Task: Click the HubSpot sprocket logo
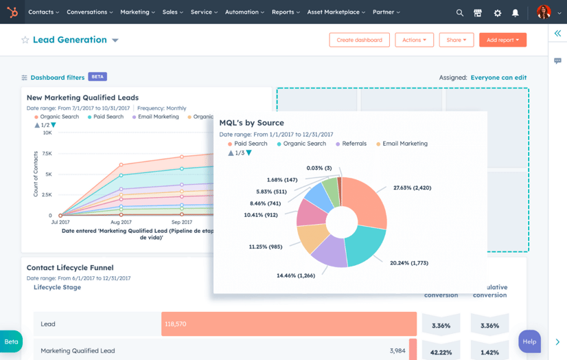point(12,12)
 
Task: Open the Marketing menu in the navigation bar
point(137,12)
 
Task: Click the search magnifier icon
point(460,12)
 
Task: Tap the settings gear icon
point(498,12)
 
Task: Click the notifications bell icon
point(516,12)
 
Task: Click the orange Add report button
point(502,40)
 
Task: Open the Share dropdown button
point(456,40)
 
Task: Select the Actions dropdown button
point(414,40)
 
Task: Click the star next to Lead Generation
point(25,40)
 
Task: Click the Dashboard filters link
point(57,78)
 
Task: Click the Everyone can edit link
point(498,78)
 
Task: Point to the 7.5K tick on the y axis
point(47,154)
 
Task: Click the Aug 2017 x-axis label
point(121,223)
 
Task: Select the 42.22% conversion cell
point(440,352)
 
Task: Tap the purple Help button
point(529,341)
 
